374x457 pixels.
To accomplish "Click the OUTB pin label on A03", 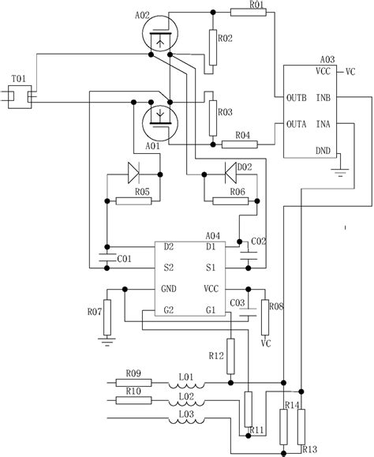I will (285, 98).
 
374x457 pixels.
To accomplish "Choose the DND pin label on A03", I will (324, 149).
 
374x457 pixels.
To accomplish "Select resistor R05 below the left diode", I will (132, 200).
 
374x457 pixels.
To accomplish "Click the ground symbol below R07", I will (105, 341).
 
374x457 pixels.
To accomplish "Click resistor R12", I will (231, 361).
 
